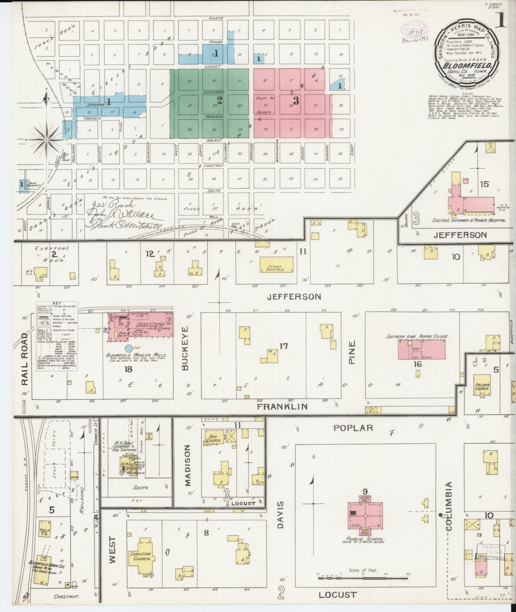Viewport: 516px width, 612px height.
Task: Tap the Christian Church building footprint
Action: click(142, 556)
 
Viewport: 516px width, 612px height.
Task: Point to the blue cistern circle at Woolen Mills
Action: click(128, 347)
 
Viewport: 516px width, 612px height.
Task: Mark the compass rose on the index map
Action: click(47, 140)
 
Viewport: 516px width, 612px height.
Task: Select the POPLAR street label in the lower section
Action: click(353, 428)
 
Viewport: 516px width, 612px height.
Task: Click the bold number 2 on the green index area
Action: click(220, 100)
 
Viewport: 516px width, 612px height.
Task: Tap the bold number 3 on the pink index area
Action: click(296, 101)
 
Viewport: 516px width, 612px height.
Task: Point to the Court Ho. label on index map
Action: click(265, 98)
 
